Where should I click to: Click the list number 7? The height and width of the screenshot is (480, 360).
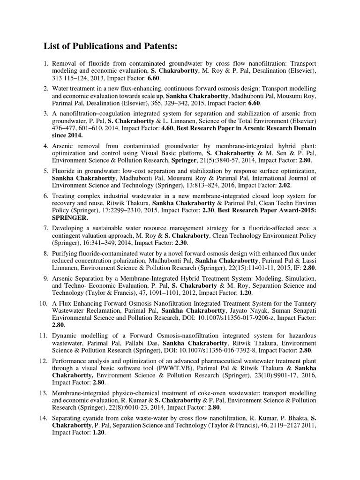(46, 228)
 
